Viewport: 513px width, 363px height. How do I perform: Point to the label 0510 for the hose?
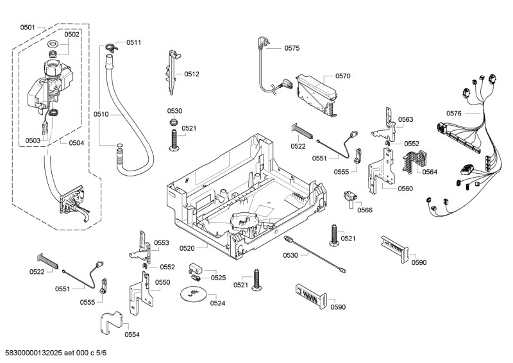click(101, 114)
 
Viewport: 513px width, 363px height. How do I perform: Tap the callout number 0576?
click(453, 114)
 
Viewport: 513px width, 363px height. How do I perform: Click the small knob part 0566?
click(350, 198)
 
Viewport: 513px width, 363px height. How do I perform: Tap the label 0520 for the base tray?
click(206, 248)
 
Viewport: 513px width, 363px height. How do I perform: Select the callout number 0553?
click(162, 242)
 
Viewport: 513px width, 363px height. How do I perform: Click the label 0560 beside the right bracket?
click(405, 189)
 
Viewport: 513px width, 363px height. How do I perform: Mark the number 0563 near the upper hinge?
click(405, 119)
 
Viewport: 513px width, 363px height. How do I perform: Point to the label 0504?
click(76, 142)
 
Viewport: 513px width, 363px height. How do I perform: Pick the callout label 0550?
click(162, 282)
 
